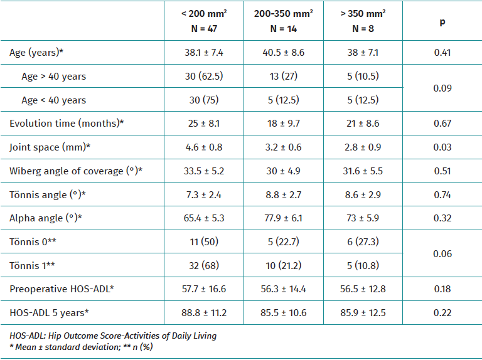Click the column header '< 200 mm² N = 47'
pyautogui.click(x=203, y=21)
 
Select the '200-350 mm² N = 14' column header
pyautogui.click(x=283, y=21)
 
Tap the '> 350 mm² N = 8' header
pyautogui.click(x=363, y=21)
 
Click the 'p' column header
pyautogui.click(x=442, y=21)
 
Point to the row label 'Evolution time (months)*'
pyautogui.click(x=67, y=124)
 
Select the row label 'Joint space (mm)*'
pyautogui.click(x=50, y=147)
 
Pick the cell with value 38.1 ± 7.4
pyautogui.click(x=203, y=53)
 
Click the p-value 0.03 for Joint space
pyautogui.click(x=442, y=147)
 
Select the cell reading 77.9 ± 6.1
pyautogui.click(x=283, y=218)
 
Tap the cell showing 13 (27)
pyautogui.click(x=283, y=77)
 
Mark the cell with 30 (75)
pyautogui.click(x=203, y=100)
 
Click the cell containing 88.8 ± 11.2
pyautogui.click(x=203, y=312)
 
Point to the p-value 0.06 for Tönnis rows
pyautogui.click(x=442, y=253)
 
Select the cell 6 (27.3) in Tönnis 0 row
pyautogui.click(x=363, y=241)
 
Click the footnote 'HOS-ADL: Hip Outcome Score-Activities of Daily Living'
pyautogui.click(x=113, y=336)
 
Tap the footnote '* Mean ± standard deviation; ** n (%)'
pyautogui.click(x=82, y=346)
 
